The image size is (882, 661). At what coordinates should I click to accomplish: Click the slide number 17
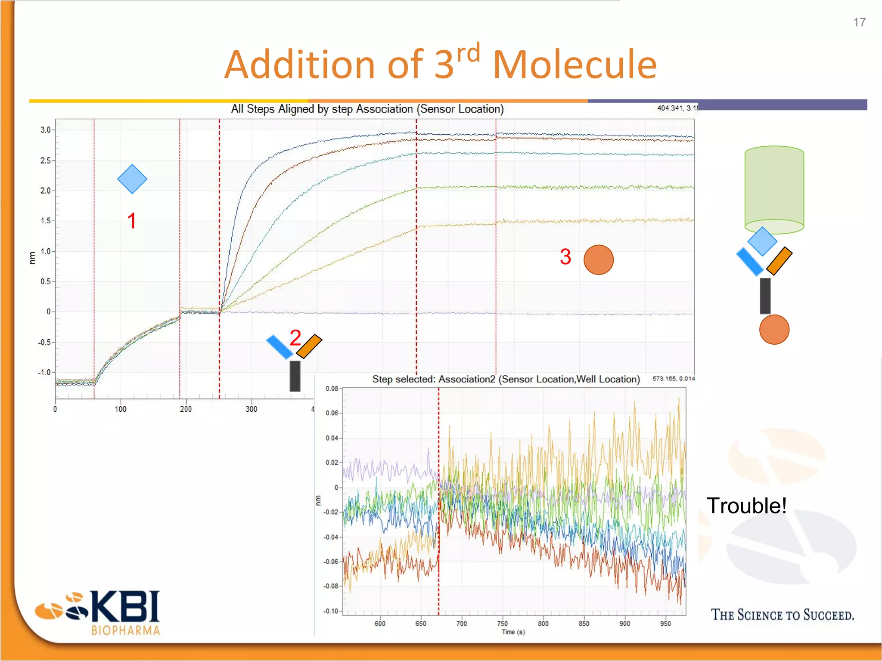tap(859, 22)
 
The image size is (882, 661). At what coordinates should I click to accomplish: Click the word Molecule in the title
tap(575, 65)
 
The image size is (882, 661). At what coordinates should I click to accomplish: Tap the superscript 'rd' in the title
tap(468, 54)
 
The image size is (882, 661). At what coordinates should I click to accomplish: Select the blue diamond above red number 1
tap(132, 179)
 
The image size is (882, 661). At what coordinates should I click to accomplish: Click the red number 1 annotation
tap(132, 221)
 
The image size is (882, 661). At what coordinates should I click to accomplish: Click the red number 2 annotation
tap(295, 337)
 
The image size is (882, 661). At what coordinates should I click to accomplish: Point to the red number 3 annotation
tap(565, 256)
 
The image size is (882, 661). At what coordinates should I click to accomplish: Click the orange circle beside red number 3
tap(598, 260)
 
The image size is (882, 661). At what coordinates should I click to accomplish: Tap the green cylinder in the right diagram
tap(774, 189)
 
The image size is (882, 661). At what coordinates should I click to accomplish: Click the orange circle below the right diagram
tap(774, 330)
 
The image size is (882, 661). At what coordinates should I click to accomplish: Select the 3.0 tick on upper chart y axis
tap(45, 130)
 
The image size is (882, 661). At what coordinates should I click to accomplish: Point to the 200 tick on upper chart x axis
tap(186, 409)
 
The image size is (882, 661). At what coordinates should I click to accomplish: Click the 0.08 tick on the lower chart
tap(332, 389)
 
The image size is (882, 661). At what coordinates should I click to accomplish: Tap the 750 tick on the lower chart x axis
tap(502, 624)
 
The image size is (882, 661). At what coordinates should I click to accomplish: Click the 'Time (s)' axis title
tap(513, 632)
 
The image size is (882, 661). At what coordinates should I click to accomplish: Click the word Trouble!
tap(746, 506)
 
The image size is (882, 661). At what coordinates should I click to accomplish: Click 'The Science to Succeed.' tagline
tap(782, 615)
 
